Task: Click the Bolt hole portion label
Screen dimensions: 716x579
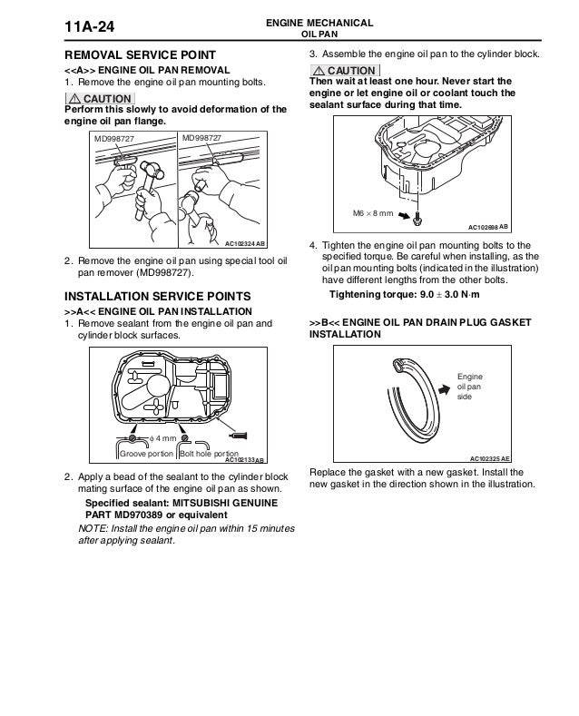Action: coord(210,453)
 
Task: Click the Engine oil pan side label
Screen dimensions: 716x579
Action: coord(468,385)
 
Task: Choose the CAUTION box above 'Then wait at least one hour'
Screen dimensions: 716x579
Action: coord(345,71)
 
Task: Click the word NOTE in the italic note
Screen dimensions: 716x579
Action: coord(93,531)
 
